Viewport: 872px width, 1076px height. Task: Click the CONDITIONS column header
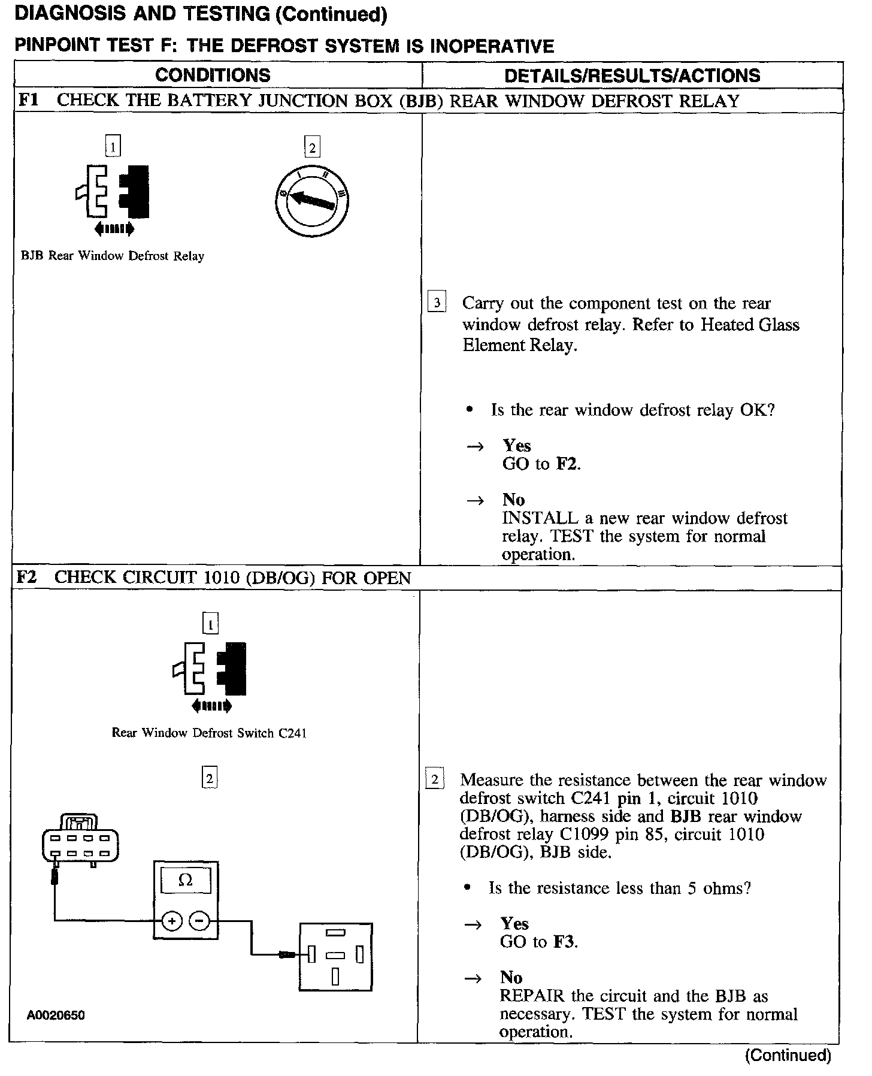[x=213, y=75]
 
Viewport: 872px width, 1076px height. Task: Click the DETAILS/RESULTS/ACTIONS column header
[x=632, y=75]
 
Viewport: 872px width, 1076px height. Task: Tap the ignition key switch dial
[x=312, y=201]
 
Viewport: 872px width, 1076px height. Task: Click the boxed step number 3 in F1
[x=437, y=303]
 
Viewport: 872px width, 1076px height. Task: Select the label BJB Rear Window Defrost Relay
[x=113, y=256]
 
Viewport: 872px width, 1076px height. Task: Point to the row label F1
[x=28, y=100]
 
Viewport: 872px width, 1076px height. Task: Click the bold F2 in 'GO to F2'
[x=567, y=464]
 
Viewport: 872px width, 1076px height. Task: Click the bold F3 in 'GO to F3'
[x=564, y=942]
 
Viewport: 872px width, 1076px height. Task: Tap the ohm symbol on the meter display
[x=186, y=880]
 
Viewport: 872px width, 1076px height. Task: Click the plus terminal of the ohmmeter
[x=172, y=920]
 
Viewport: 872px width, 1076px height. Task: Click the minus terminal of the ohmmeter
[x=199, y=920]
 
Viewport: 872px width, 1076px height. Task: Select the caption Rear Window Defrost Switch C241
[x=209, y=733]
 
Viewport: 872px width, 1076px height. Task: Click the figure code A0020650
[x=56, y=1015]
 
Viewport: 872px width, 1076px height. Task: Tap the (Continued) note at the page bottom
[x=788, y=1055]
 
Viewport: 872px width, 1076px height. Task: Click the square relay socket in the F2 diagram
[x=335, y=957]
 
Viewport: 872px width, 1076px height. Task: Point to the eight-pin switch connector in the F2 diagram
[x=80, y=839]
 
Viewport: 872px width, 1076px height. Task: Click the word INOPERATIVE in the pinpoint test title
[x=491, y=46]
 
